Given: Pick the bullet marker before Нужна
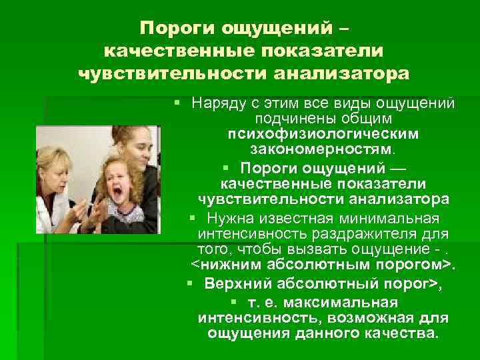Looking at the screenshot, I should (192, 219).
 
